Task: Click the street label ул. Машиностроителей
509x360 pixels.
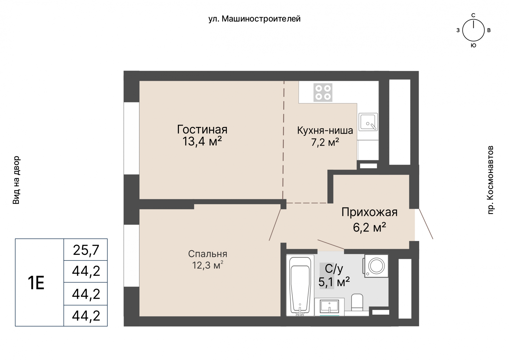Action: point(254,19)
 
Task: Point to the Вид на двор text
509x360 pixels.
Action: point(16,180)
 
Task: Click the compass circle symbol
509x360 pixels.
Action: point(473,30)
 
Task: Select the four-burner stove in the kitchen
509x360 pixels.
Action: point(323,93)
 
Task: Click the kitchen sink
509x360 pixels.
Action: point(368,122)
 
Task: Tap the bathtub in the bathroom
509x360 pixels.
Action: point(300,285)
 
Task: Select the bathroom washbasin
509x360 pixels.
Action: point(330,307)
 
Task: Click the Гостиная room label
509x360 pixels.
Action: point(202,130)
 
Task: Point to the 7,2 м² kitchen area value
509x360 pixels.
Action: point(325,142)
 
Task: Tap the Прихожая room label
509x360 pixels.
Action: point(369,212)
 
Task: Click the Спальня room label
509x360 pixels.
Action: point(208,254)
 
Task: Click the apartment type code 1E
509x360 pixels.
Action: point(36,283)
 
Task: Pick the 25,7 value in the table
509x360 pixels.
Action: point(86,250)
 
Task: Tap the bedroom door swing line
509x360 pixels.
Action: point(275,225)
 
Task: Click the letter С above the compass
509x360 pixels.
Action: point(473,15)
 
